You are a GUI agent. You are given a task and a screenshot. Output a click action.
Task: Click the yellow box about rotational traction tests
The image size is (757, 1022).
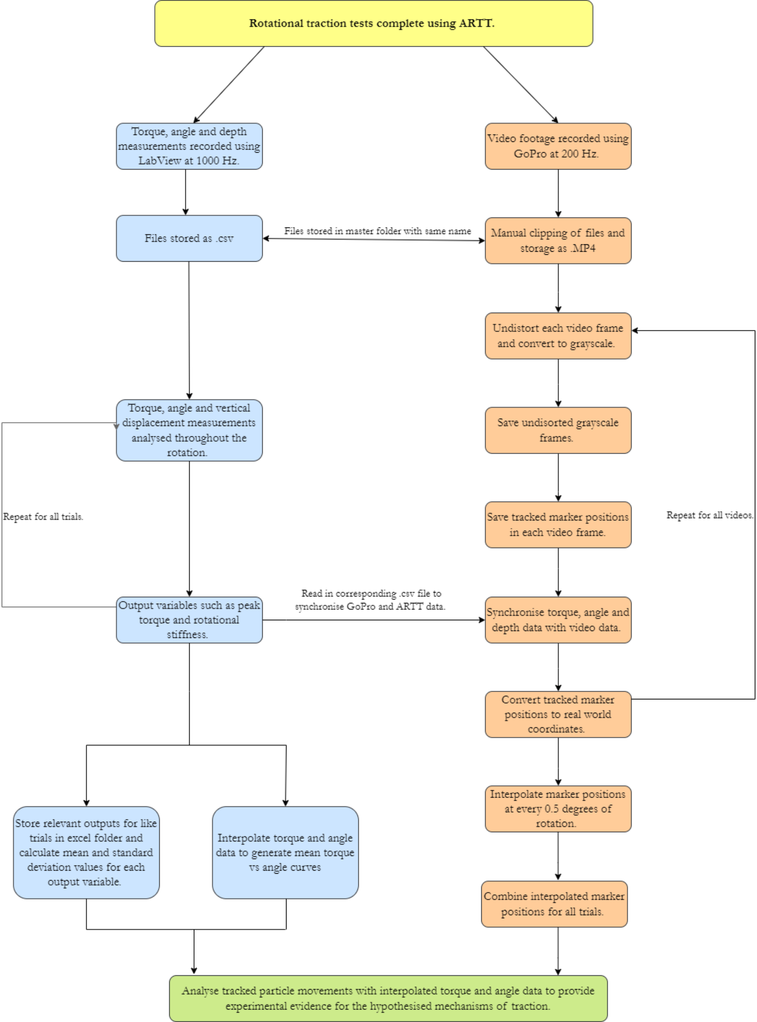click(373, 23)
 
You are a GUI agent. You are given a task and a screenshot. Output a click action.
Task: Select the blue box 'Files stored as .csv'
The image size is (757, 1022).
click(189, 239)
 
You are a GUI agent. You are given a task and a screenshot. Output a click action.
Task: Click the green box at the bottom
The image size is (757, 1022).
click(388, 998)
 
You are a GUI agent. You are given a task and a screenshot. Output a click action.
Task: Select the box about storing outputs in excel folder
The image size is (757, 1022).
click(86, 852)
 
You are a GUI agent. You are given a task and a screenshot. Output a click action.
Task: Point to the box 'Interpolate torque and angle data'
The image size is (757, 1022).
click(285, 852)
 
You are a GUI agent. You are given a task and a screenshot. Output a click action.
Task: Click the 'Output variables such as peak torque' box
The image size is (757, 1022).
click(189, 620)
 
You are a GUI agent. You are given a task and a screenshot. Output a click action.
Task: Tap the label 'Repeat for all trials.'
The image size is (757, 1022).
click(43, 517)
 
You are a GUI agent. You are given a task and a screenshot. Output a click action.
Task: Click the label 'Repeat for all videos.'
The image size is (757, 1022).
click(709, 515)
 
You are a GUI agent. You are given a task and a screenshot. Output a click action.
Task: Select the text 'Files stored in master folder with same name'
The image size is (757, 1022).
click(377, 231)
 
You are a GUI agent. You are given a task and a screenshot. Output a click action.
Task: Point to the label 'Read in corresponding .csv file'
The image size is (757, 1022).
click(370, 600)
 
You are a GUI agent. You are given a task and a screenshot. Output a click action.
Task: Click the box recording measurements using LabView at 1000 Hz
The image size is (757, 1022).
click(189, 146)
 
